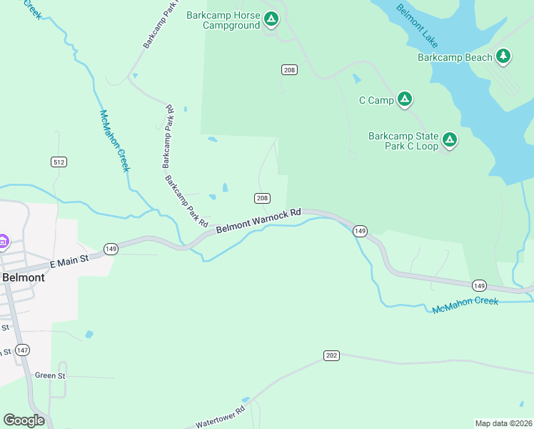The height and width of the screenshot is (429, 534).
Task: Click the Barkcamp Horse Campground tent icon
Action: (271, 19)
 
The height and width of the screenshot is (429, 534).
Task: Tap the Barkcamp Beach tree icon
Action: (503, 56)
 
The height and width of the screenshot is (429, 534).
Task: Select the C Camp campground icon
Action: (404, 99)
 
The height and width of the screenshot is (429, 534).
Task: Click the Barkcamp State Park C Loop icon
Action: (450, 140)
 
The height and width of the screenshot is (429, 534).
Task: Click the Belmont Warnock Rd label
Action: (258, 220)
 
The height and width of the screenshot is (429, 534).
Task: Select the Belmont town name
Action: (24, 277)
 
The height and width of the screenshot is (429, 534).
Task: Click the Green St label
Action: (50, 375)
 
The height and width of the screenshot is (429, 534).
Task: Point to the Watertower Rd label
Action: (220, 417)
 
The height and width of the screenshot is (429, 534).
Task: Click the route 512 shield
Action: (59, 162)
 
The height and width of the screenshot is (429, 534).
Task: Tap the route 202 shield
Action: (331, 355)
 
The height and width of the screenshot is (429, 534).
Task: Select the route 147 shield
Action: (24, 350)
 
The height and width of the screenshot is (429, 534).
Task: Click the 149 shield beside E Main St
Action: (111, 249)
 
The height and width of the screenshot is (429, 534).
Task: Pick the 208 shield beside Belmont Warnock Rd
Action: (262, 198)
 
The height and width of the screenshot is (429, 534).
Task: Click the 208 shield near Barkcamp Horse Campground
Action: (289, 69)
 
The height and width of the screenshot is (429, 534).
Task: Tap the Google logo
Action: (24, 420)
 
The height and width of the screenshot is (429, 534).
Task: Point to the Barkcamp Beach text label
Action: (455, 57)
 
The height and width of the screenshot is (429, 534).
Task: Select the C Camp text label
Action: (376, 100)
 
